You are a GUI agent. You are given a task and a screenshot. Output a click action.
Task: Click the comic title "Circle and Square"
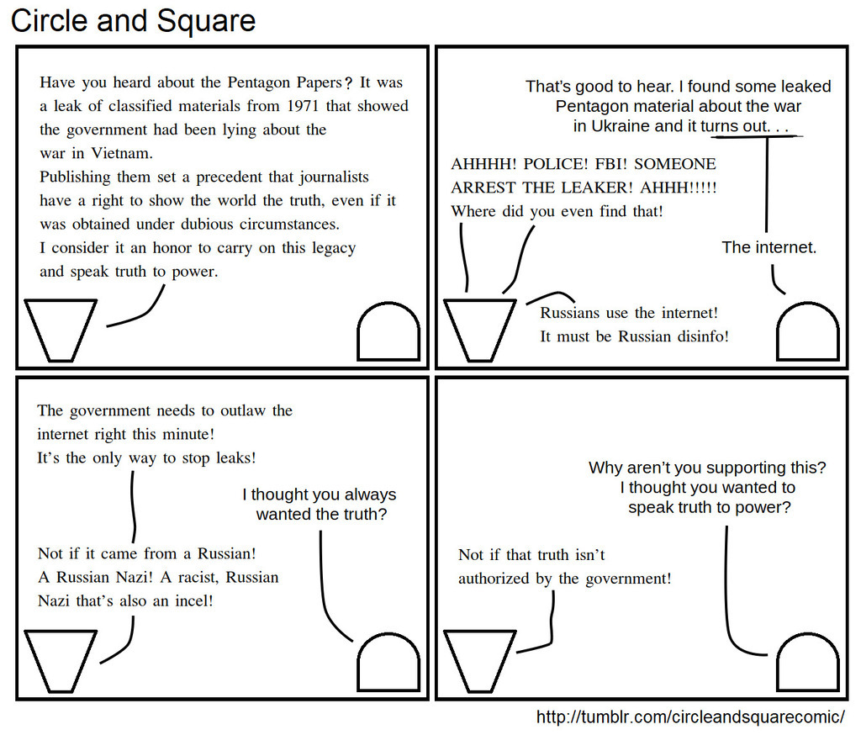[134, 21]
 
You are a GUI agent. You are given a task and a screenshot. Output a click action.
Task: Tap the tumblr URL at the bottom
[690, 716]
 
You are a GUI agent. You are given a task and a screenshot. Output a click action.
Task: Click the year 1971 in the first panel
[303, 105]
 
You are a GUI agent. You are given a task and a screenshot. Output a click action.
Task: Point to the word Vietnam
[122, 153]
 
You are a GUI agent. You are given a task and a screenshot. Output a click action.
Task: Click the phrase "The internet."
[769, 247]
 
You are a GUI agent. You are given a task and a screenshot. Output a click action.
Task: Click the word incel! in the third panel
[194, 600]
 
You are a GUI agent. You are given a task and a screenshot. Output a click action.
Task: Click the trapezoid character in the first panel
[61, 330]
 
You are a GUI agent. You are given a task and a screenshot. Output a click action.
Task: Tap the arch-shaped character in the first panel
[388, 331]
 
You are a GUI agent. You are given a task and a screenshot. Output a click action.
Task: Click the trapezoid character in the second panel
[480, 330]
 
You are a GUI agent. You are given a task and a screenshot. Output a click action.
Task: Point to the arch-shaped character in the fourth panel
[808, 662]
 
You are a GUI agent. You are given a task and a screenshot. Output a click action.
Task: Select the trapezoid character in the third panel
[61, 661]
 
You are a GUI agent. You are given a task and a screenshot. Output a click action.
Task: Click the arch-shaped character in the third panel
[388, 662]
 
